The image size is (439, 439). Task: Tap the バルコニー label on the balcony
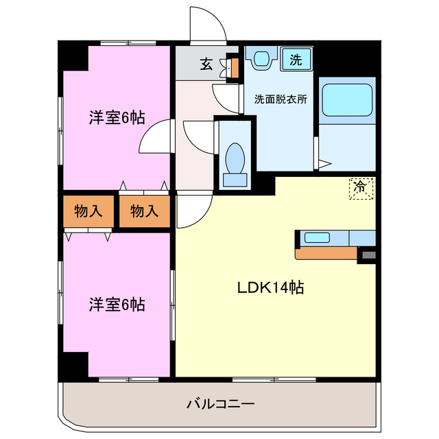coord(220,403)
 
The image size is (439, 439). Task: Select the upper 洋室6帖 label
coord(116,117)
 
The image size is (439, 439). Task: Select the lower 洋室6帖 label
coord(116,305)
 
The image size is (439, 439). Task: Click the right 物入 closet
coord(144,211)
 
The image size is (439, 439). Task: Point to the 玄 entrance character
coord(206,64)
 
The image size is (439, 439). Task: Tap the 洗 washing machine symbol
coord(296,59)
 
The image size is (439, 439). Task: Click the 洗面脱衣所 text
coord(280,98)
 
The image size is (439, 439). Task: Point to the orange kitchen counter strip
coord(327,253)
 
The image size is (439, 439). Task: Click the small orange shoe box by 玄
coord(234,66)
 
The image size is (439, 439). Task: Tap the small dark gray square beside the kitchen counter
coord(368,255)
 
